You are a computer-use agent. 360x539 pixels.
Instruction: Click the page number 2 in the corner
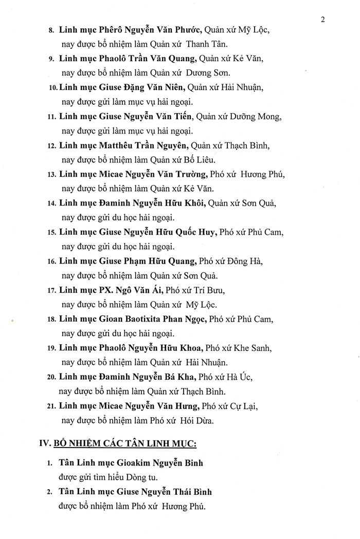322,20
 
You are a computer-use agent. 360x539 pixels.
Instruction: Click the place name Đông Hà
247,261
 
